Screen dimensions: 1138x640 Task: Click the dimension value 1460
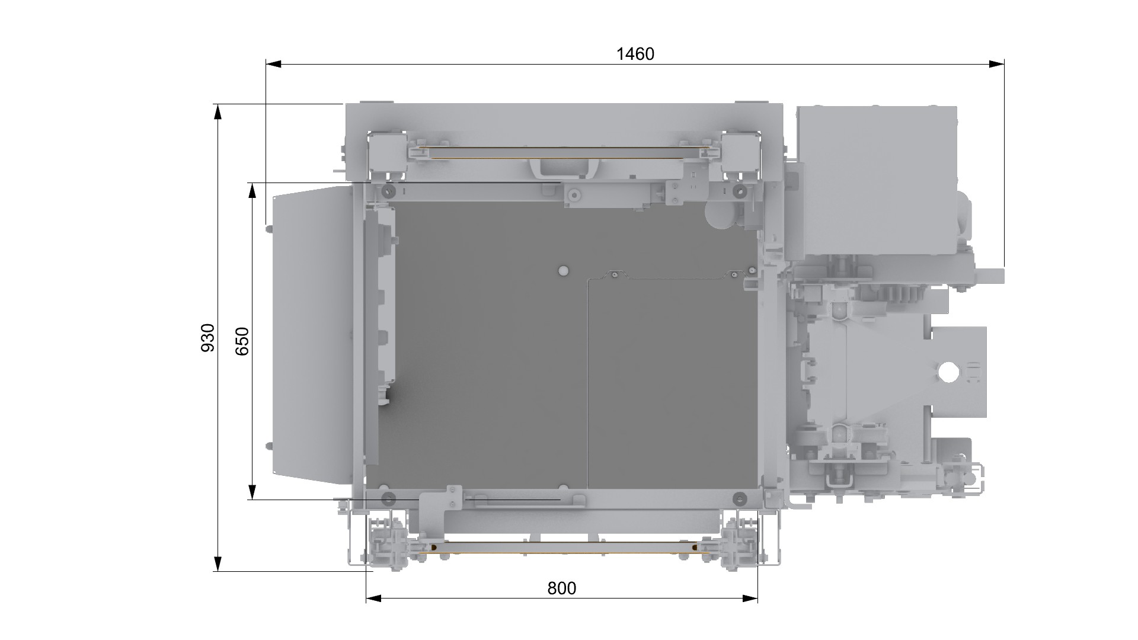pos(635,54)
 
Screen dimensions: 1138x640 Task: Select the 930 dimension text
pos(208,338)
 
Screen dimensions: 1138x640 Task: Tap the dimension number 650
pos(242,341)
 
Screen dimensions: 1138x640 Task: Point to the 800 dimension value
pos(561,588)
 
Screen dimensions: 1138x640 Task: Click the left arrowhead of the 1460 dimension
pos(273,64)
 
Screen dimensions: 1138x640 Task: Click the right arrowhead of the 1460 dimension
pos(996,64)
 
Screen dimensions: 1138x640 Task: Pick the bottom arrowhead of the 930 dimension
pos(218,564)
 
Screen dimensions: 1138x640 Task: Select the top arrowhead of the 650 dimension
pos(252,190)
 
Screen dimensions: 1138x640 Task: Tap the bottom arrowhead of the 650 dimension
pos(252,492)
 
